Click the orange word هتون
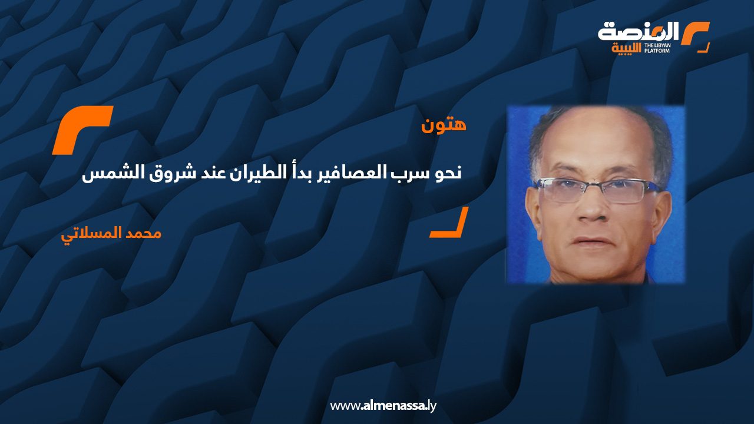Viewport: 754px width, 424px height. tap(444, 125)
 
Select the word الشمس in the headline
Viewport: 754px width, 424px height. tap(105, 174)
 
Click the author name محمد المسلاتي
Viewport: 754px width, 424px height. tap(111, 233)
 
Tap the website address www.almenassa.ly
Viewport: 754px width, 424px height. tap(383, 406)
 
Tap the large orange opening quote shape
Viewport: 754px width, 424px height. tap(82, 130)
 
